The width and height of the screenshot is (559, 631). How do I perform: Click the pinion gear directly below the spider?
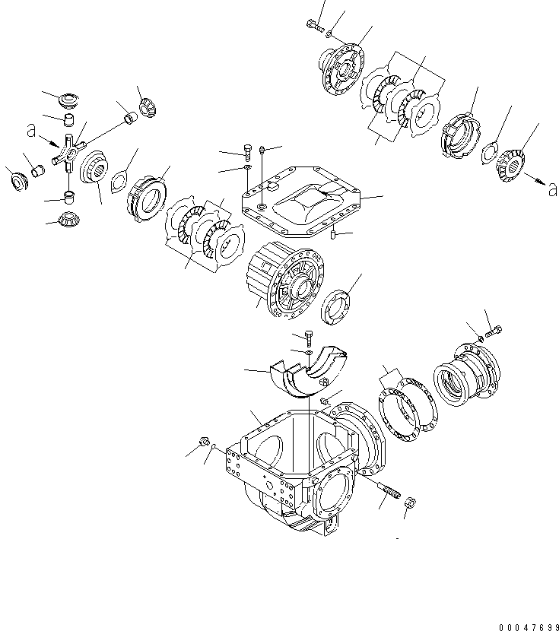(x=68, y=220)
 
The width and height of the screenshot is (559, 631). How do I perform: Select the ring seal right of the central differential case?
(x=338, y=305)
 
